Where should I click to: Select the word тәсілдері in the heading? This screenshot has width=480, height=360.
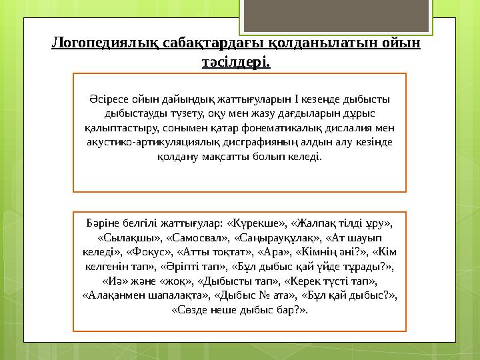[236, 63]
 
